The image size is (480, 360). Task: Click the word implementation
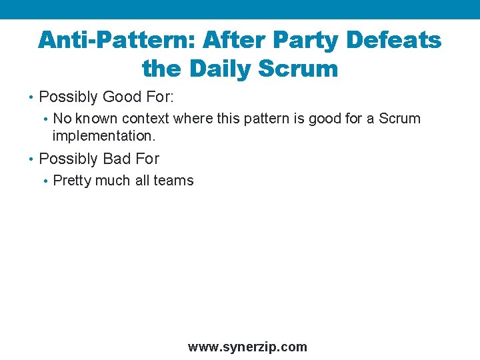coord(103,135)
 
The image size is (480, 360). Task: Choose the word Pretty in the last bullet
coord(72,181)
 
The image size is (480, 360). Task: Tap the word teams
coord(174,181)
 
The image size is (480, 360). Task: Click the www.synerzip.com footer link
coord(247,347)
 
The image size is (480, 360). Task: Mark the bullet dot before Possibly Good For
coord(32,97)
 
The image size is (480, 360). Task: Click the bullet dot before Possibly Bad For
coord(32,159)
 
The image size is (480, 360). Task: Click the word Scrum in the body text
coord(399,119)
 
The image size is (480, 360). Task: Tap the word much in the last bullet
coord(113,181)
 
